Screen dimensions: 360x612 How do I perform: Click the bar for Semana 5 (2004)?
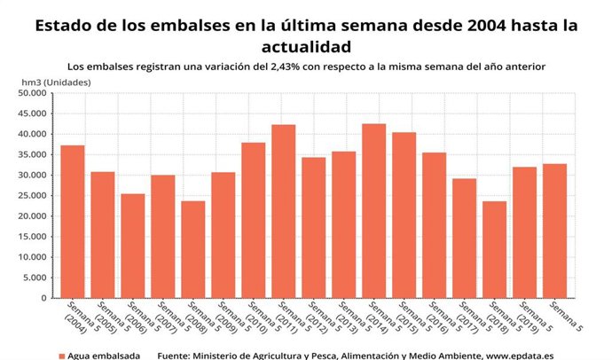[x=73, y=222]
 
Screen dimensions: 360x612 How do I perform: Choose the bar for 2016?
[x=435, y=225]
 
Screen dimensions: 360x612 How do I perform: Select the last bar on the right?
[x=555, y=231]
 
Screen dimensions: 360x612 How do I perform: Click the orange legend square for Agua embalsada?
[x=62, y=355]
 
